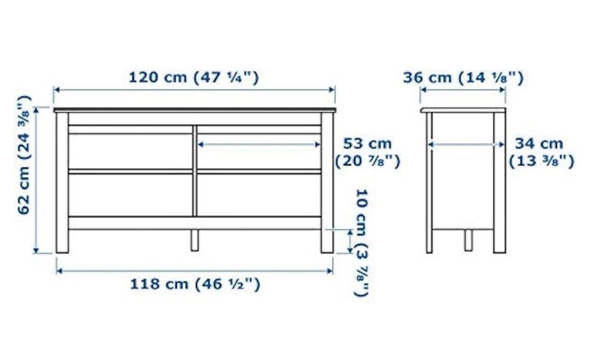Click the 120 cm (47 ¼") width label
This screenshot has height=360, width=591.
(x=194, y=78)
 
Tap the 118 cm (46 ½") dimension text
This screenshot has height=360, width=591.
(x=195, y=284)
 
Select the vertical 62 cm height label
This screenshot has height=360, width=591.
(x=24, y=155)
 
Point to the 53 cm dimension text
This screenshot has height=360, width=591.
(x=368, y=143)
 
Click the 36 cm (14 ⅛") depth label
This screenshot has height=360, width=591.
(x=463, y=78)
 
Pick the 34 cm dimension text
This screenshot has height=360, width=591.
(x=539, y=143)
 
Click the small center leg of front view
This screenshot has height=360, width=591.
(x=195, y=240)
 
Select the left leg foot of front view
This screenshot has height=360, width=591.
(x=62, y=241)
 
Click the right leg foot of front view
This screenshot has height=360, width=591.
(x=327, y=241)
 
